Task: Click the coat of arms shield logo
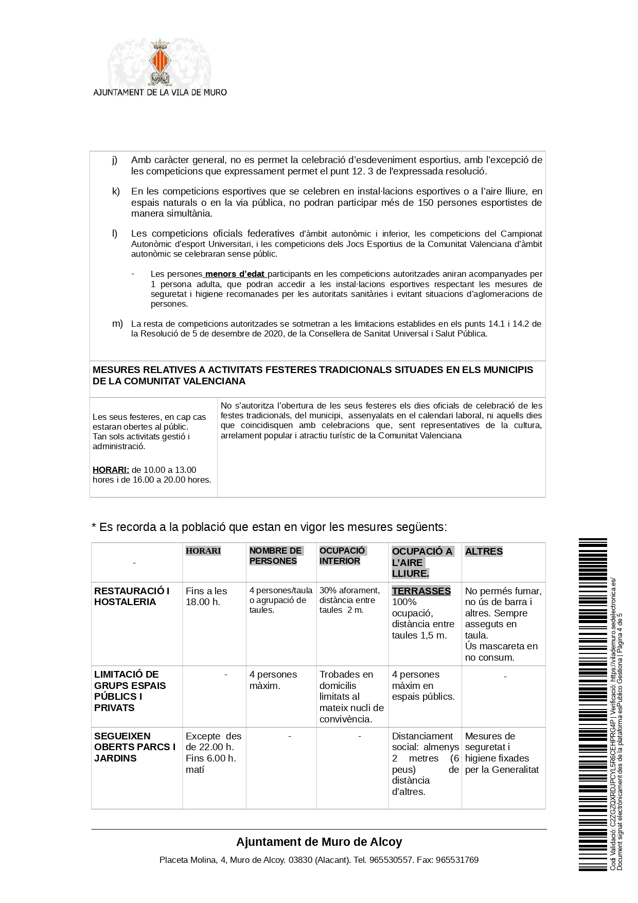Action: [159, 61]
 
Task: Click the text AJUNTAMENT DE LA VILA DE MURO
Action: [159, 93]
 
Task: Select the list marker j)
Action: [115, 160]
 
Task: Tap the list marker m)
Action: [117, 323]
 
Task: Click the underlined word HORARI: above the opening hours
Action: [111, 470]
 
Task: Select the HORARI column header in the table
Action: [203, 551]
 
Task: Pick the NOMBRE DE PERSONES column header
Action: [276, 556]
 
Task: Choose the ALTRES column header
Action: [484, 552]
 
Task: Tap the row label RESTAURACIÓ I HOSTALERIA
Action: [132, 596]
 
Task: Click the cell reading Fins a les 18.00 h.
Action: [206, 596]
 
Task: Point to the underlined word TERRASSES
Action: [421, 591]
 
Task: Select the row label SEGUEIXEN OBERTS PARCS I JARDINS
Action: [135, 747]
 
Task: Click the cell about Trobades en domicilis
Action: [351, 696]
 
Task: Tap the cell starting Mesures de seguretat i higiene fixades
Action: [502, 753]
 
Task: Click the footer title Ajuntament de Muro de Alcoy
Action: [319, 842]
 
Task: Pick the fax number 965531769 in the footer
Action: [457, 860]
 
